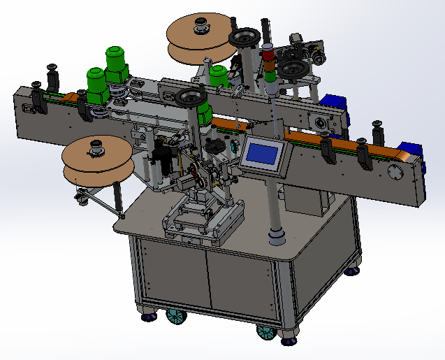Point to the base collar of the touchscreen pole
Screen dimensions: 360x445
277,238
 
